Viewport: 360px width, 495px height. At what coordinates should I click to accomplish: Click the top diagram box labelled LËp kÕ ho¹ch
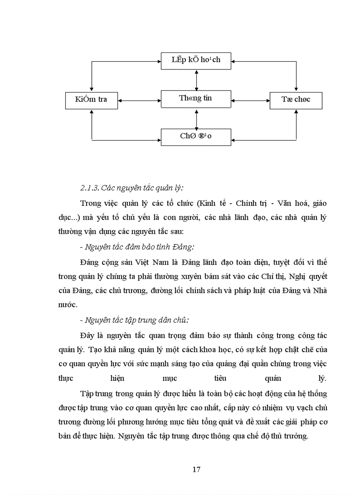(x=196, y=60)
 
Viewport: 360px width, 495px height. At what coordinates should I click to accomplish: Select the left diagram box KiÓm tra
(x=91, y=100)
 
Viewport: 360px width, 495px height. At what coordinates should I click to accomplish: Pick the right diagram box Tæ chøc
(x=296, y=100)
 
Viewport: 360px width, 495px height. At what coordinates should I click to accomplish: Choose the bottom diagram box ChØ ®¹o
(x=196, y=136)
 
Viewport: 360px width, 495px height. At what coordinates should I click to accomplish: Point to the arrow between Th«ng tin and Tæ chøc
(x=251, y=100)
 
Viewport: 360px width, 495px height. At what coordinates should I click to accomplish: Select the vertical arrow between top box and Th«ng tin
(x=196, y=80)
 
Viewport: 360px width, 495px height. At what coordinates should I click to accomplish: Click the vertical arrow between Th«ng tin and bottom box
(x=196, y=118)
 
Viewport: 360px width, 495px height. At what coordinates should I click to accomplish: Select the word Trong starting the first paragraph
(x=91, y=203)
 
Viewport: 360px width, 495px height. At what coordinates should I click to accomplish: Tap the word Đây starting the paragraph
(x=88, y=335)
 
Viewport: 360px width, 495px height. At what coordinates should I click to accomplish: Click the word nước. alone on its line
(x=67, y=305)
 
